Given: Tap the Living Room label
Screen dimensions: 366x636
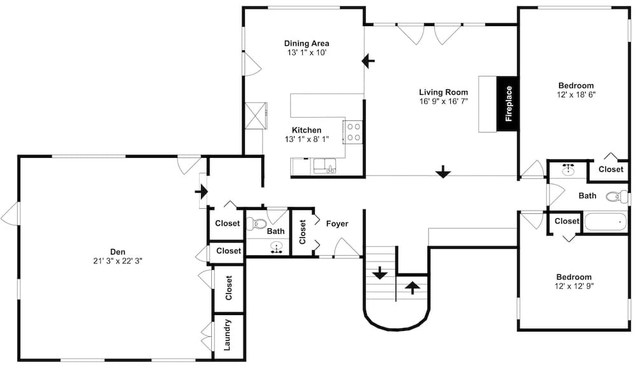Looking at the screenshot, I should [x=443, y=92].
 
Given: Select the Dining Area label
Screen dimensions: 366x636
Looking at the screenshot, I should [x=307, y=43].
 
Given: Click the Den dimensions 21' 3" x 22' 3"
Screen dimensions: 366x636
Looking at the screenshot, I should [x=117, y=260].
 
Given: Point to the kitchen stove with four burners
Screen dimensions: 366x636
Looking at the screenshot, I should [x=354, y=131].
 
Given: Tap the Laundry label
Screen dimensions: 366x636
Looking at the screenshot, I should [x=228, y=335].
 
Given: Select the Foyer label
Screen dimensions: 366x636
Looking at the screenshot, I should [x=337, y=224].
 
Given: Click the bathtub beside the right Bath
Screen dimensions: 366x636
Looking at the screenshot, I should [x=606, y=223].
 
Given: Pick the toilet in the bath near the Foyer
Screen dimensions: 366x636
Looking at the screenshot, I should [x=256, y=223].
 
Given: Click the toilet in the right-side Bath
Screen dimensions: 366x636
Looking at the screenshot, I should [x=616, y=197].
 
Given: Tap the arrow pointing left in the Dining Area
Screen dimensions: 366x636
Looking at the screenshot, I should [x=368, y=61].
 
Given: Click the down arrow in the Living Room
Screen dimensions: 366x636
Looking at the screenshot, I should [x=443, y=171].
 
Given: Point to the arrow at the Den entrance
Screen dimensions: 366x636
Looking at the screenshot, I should [x=202, y=190].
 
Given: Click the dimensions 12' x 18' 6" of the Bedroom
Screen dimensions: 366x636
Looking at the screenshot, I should [x=576, y=94].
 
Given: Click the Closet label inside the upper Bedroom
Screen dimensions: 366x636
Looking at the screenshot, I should [x=611, y=169].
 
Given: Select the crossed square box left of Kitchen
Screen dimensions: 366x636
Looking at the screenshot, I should [x=256, y=116].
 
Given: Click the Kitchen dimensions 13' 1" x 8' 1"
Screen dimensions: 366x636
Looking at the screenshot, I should [x=307, y=139].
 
